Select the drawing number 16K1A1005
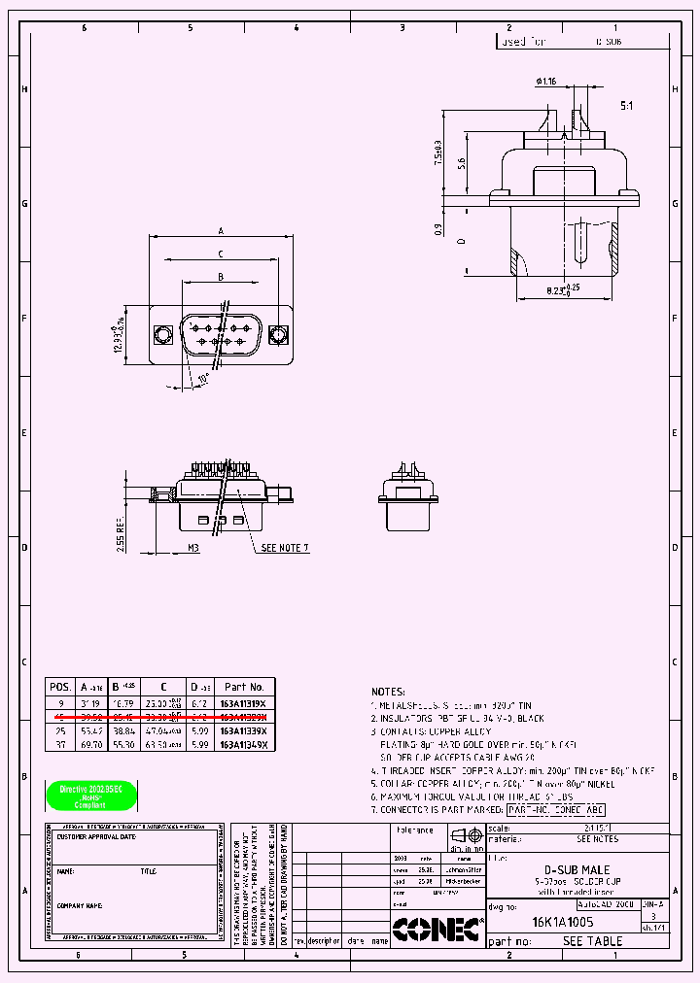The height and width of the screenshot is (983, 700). pos(562,921)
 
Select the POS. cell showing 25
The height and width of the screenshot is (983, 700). pos(60,729)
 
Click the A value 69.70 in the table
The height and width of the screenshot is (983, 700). pos(90,744)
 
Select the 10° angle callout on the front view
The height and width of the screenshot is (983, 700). pos(203,377)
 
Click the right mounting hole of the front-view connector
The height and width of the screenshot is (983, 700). pos(279,336)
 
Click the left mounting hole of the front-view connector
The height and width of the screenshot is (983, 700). pos(163,336)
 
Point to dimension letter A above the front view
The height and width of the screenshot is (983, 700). pos(221,231)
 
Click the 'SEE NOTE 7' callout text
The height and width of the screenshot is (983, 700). pos(285,548)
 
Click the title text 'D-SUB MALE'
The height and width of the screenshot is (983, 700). pos(577,870)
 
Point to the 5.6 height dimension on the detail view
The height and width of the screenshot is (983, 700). pos(464,163)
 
